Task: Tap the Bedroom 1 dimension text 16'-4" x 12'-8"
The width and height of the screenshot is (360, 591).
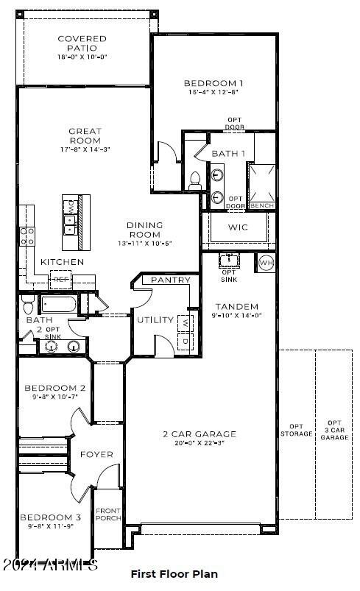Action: [x=213, y=93]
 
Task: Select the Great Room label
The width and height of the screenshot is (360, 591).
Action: [x=85, y=136]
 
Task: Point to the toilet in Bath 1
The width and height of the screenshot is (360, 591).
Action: [x=195, y=178]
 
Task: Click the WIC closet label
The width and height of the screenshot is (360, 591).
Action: [x=238, y=227]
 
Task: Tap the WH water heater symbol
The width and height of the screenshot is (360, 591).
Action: [x=265, y=263]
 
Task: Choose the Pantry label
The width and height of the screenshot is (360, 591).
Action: [x=171, y=280]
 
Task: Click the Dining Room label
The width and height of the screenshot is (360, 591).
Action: [x=144, y=230]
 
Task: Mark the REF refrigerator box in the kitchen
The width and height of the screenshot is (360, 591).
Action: [x=60, y=279]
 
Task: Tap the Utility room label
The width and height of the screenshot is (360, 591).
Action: [x=155, y=320]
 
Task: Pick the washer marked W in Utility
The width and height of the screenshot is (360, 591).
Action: [x=185, y=322]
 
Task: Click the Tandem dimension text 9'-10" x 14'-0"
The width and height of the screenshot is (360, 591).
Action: [x=236, y=316]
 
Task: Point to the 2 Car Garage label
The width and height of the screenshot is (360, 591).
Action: [x=200, y=434]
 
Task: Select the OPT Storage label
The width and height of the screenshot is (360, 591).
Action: [x=296, y=430]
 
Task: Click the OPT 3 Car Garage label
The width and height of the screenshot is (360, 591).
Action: [x=334, y=430]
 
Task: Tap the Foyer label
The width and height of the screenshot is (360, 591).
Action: [x=96, y=454]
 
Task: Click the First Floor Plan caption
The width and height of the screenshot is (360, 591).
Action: [x=174, y=573]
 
